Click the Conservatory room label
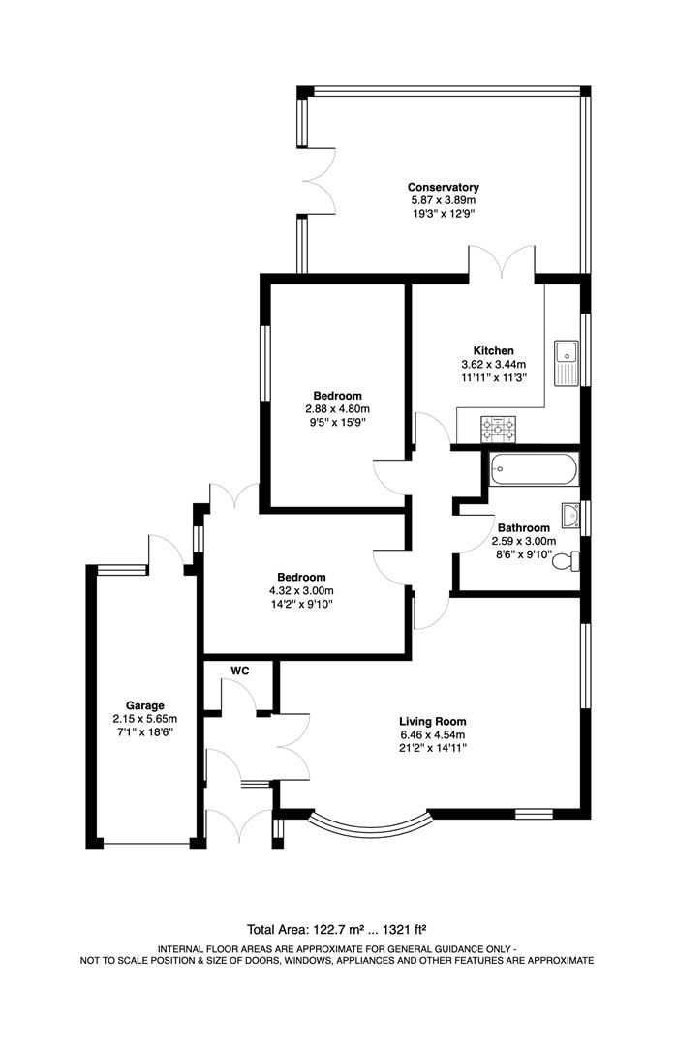(x=443, y=187)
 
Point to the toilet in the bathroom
(x=570, y=559)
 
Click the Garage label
(x=144, y=705)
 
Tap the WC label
(x=240, y=671)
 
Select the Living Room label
(x=433, y=721)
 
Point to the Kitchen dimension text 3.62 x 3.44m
(x=494, y=365)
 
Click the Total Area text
(x=337, y=927)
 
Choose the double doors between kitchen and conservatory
(x=501, y=261)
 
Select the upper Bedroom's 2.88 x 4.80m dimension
(x=337, y=409)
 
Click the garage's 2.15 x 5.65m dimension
(x=144, y=719)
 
